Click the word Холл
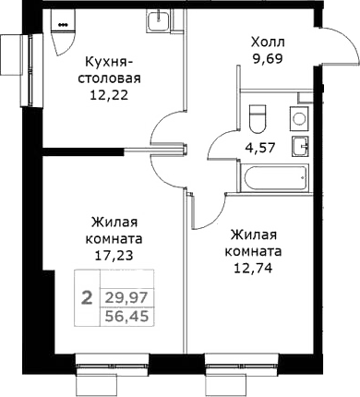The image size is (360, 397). click(270, 42)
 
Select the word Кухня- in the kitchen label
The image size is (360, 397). click(112, 63)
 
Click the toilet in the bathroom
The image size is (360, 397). click(258, 117)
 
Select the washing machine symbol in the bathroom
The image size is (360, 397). click(299, 117)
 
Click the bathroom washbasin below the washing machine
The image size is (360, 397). click(299, 145)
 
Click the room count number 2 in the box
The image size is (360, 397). click(86, 297)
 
